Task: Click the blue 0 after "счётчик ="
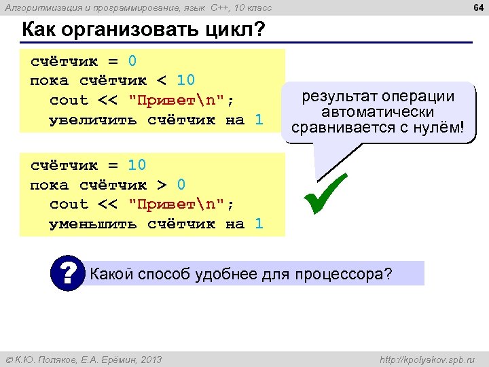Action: [x=132, y=61]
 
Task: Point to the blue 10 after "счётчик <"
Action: [x=186, y=80]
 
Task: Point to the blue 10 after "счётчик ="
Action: [x=137, y=165]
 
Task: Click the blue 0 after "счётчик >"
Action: [x=181, y=184]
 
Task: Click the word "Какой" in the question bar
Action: [x=111, y=275]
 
